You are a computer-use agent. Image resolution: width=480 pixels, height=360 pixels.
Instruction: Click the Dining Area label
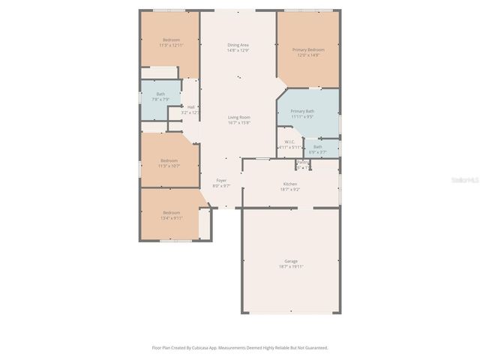(x=238, y=45)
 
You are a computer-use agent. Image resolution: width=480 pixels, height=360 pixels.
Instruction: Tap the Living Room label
(x=239, y=117)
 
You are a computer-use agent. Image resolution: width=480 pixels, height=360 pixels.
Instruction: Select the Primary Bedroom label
(x=308, y=49)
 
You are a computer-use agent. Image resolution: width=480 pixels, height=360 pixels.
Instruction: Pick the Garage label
(x=289, y=261)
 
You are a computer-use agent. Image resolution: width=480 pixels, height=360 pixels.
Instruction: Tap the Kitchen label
(x=290, y=184)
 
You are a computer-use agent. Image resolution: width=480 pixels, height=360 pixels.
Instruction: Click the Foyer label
(x=221, y=180)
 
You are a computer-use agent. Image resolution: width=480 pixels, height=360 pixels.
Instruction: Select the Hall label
(x=191, y=106)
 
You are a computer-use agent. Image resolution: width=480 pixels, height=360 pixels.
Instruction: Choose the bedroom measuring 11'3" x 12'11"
(x=171, y=45)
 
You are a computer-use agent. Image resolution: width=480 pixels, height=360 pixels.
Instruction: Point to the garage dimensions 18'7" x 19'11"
(x=289, y=266)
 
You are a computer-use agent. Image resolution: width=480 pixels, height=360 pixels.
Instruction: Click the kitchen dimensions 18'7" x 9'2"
(x=290, y=189)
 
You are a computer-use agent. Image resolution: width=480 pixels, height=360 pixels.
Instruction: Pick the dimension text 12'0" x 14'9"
(x=308, y=55)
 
